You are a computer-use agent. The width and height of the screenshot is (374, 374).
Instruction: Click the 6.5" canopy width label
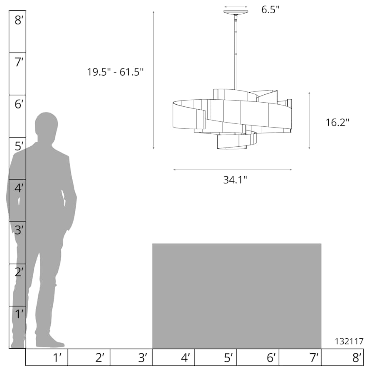(x=270, y=10)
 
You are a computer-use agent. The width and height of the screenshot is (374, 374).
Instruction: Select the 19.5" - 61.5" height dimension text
(x=115, y=72)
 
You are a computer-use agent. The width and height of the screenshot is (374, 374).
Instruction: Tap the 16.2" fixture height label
(x=337, y=122)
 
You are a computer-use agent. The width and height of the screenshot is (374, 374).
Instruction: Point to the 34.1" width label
(x=235, y=180)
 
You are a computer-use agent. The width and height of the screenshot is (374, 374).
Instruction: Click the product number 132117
(x=349, y=341)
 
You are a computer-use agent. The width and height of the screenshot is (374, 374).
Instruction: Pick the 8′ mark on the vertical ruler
(x=19, y=20)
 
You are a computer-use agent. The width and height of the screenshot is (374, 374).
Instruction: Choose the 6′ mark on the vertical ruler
(x=19, y=104)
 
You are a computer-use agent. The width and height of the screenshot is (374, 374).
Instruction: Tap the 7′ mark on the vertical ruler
(x=19, y=62)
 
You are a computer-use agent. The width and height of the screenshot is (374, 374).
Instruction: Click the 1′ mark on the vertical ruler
(x=19, y=314)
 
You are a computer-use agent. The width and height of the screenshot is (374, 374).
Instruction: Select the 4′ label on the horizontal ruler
(x=185, y=358)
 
